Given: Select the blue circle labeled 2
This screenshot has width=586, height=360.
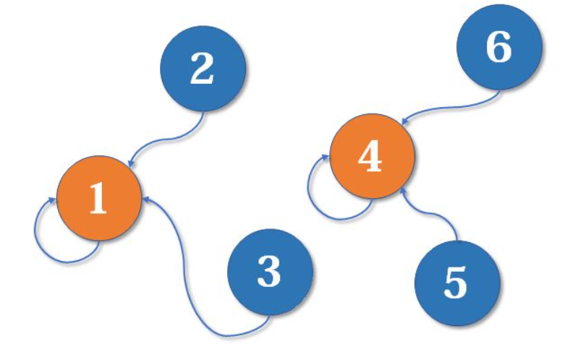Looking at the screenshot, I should click(x=203, y=69).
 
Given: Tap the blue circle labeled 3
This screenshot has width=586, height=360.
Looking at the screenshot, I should click(x=270, y=273).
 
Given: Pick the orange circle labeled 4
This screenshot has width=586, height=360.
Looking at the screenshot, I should click(x=371, y=156).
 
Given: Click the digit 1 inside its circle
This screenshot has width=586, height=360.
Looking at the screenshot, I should click(x=97, y=198).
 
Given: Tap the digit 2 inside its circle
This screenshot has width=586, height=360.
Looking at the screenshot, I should click(x=203, y=69).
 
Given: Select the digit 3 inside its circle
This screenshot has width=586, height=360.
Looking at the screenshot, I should click(x=269, y=273).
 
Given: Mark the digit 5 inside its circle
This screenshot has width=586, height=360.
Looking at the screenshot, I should click(x=457, y=283).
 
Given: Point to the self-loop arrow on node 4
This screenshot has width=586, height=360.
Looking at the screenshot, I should click(x=318, y=199).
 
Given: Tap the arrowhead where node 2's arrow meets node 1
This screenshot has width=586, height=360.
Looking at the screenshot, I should click(x=129, y=166).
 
